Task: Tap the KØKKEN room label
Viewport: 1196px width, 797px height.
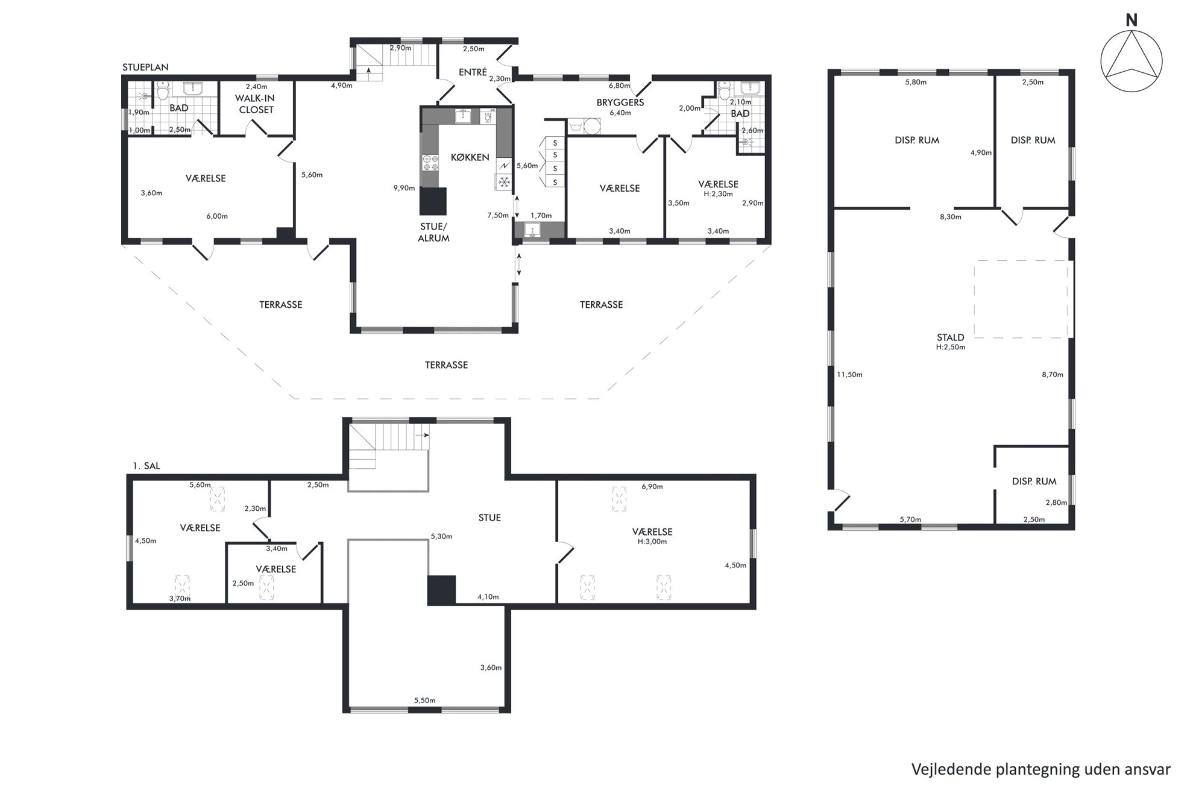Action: [470, 157]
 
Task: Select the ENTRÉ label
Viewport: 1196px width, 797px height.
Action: [473, 72]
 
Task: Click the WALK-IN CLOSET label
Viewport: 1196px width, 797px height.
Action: [256, 104]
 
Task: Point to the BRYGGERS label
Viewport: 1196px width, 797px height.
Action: [620, 102]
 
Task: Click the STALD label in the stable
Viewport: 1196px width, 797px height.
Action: [951, 337]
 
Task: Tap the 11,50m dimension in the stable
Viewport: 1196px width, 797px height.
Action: [849, 375]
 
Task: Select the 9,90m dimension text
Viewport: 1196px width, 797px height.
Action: [404, 188]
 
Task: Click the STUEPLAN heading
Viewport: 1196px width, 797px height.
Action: [145, 67]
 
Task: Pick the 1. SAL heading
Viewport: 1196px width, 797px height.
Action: [146, 466]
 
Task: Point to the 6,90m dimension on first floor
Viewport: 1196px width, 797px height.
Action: [652, 487]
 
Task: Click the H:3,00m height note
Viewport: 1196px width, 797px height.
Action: [652, 542]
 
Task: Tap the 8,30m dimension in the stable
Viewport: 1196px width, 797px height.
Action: [951, 217]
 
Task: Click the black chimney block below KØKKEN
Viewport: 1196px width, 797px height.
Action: [433, 201]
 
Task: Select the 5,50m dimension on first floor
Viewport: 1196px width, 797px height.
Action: [424, 701]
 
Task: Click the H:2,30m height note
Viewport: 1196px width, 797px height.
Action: [718, 194]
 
